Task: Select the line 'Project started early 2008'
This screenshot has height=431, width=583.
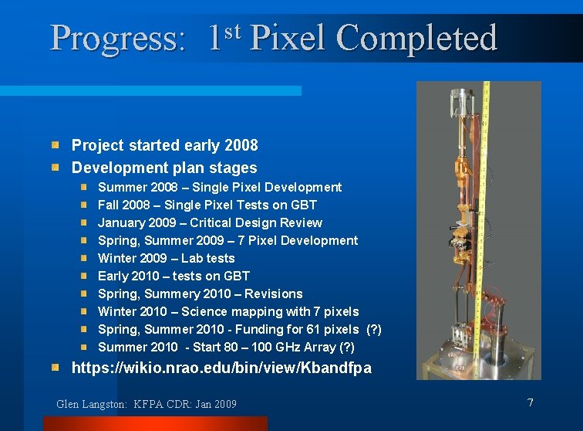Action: click(164, 145)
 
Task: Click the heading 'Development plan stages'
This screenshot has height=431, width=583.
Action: click(164, 168)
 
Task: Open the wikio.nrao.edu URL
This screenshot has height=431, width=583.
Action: click(221, 368)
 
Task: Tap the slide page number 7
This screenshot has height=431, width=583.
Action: click(530, 402)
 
